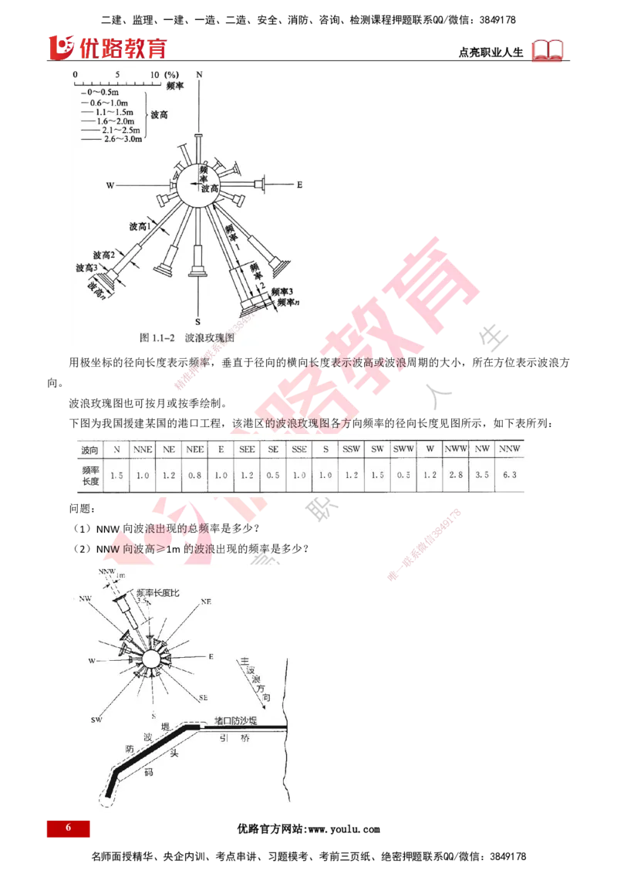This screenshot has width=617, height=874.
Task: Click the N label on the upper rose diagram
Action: point(199,73)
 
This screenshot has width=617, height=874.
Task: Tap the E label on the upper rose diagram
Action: point(299,185)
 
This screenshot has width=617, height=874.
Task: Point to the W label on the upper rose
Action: point(110,186)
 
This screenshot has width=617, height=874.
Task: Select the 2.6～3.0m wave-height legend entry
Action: point(116,138)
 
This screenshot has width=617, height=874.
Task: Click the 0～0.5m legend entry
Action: point(105,93)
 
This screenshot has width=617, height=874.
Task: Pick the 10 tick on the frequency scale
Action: point(155,74)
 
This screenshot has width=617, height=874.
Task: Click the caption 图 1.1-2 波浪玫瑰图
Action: point(187,337)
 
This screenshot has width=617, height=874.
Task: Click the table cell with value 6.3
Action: point(509,475)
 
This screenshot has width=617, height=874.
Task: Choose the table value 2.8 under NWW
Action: point(453,475)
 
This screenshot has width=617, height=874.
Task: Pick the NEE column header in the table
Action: point(196,449)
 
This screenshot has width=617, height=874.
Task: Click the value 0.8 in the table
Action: point(196,475)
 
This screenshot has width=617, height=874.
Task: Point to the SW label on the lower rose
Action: point(97,720)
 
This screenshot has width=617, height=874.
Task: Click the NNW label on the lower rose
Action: point(106,572)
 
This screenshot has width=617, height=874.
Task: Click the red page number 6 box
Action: point(68,828)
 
